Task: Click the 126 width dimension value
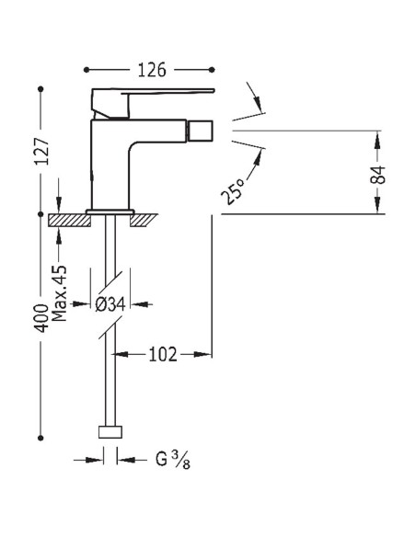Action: click(148, 70)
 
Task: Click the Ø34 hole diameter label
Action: click(112, 303)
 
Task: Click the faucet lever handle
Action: click(152, 95)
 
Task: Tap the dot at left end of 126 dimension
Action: click(87, 70)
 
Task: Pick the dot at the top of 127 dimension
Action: click(41, 89)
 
